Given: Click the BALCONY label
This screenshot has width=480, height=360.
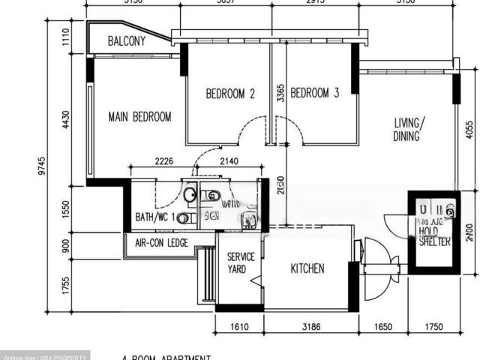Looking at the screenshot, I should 126,41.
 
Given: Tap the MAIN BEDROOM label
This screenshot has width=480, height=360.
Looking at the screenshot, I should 139,117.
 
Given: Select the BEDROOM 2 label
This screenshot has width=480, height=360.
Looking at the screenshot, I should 230,94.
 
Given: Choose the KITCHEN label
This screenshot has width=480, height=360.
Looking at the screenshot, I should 307,268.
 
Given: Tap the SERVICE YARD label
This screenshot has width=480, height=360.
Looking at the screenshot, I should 241,262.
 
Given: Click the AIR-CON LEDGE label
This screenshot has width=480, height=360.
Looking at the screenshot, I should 161,243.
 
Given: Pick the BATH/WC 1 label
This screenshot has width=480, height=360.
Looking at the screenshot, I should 155,217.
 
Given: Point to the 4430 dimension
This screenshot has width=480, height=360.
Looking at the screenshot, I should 66,119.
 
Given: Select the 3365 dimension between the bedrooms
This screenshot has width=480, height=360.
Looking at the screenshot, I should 279,92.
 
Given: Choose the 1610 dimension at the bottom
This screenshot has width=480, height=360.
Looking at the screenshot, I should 238,327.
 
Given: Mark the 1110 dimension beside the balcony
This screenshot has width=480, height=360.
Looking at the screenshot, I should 66,35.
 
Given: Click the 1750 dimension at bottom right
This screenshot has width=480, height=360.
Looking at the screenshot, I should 434,327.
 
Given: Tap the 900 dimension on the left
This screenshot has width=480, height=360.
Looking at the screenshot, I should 66,245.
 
